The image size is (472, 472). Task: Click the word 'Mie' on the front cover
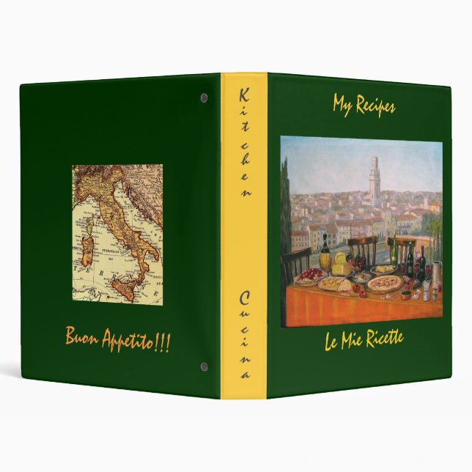[357, 341]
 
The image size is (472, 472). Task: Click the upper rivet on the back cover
[204, 97]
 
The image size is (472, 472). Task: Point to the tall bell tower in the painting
[375, 180]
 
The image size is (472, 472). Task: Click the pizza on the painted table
[383, 283]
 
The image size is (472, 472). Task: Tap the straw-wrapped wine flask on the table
[325, 260]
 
